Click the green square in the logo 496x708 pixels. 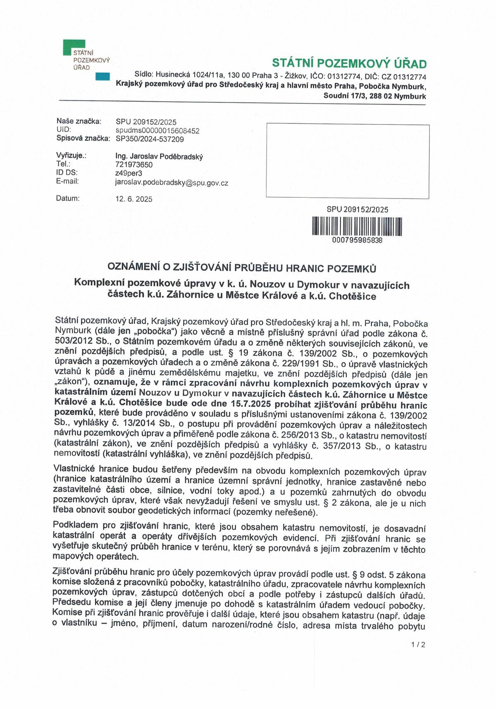pos(74,46)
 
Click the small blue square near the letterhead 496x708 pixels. pos(102,77)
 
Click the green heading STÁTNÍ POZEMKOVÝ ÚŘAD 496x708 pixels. pos(349,64)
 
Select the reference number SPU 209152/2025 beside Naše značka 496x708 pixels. pos(146,122)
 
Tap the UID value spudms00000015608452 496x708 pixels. pos(157,131)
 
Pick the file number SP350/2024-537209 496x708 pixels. pos(150,139)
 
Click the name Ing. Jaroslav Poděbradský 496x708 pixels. pos(159,156)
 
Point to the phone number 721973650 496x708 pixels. pos(134,165)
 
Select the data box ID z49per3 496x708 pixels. pos(128,173)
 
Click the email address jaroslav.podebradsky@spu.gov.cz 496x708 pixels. pos(172,182)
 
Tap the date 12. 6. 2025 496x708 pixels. pos(134,199)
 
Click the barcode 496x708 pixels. pos(357,226)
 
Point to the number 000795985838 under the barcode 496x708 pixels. pos(357,240)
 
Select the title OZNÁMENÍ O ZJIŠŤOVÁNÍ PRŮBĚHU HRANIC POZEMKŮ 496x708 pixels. pos(242,268)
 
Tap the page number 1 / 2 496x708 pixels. pos(418,644)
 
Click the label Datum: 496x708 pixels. pos(68,199)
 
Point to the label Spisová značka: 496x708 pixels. pos(83,139)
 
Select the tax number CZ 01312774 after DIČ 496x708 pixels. pos(404,77)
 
